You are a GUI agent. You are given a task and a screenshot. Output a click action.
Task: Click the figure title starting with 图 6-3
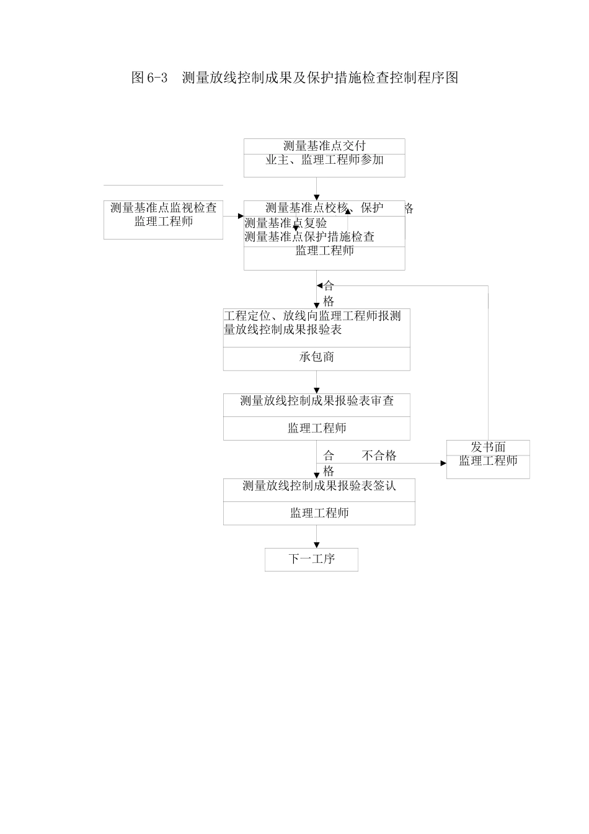(x=294, y=78)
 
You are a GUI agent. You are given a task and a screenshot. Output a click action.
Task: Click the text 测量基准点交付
(x=324, y=146)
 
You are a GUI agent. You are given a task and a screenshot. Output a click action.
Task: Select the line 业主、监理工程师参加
(x=324, y=160)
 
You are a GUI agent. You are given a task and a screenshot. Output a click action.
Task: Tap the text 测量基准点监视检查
(x=164, y=208)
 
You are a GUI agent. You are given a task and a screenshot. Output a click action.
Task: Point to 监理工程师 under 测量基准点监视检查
(x=164, y=222)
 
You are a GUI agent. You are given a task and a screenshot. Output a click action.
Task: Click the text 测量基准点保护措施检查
(x=309, y=237)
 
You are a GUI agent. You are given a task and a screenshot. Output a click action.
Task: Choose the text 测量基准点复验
(x=286, y=223)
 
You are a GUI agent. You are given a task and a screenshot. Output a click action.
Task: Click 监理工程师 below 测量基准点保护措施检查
(x=324, y=251)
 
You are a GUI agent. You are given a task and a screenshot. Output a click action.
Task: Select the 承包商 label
(x=316, y=357)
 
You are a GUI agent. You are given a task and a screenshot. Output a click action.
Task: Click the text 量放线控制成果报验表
(x=283, y=330)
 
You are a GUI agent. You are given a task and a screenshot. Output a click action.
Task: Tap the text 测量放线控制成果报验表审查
(x=317, y=401)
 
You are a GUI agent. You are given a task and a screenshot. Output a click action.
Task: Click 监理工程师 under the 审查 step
(x=317, y=428)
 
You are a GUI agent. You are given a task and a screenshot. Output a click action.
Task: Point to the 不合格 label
(x=379, y=455)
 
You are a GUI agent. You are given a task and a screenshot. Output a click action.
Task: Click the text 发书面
(x=488, y=447)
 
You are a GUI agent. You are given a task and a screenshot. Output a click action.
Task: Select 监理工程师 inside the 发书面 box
(x=488, y=461)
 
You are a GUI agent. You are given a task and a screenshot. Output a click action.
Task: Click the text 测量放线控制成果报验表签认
(x=319, y=486)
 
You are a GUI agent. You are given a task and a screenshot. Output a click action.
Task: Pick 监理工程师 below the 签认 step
(x=319, y=513)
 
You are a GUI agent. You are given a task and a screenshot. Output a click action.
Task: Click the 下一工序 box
(x=311, y=559)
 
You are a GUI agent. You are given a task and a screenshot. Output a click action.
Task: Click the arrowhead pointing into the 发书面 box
(x=443, y=464)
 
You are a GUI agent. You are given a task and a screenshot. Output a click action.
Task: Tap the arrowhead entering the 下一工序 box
(x=317, y=545)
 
